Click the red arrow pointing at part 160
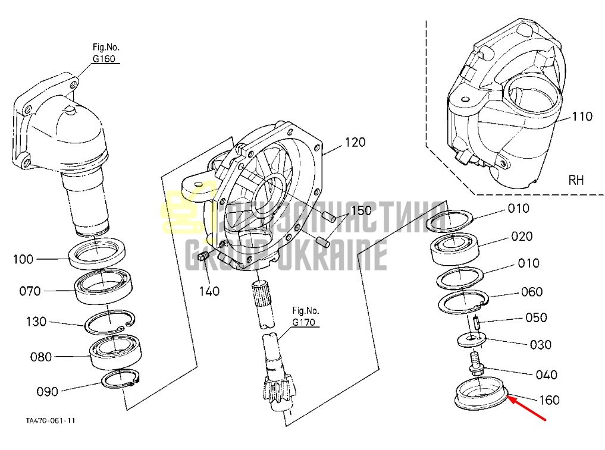pyautogui.click(x=526, y=408)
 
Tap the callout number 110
pyautogui.click(x=581, y=116)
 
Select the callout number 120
pyautogui.click(x=355, y=142)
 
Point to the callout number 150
pyautogui.click(x=361, y=210)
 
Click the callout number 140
pyautogui.click(x=209, y=291)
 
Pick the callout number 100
pyautogui.click(x=24, y=259)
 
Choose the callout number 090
pyautogui.click(x=47, y=392)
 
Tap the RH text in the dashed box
pyautogui.click(x=576, y=180)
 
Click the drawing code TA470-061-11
pyautogui.click(x=51, y=420)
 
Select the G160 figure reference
pyautogui.click(x=104, y=59)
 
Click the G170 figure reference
pyautogui.click(x=303, y=322)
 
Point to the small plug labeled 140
pyautogui.click(x=203, y=256)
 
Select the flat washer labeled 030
pyautogui.click(x=472, y=339)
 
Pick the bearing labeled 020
pyautogui.click(x=454, y=247)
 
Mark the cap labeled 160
pyautogui.click(x=481, y=393)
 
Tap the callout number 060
pyautogui.click(x=531, y=291)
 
